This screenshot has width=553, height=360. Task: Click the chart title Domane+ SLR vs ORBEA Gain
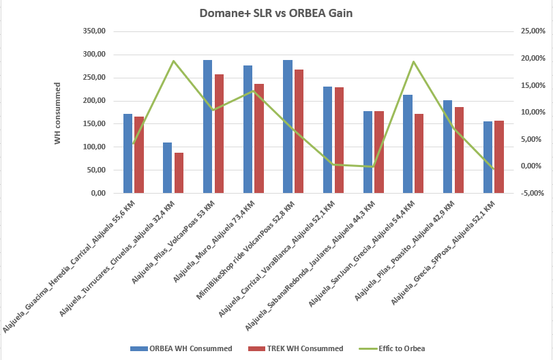pyautogui.click(x=277, y=14)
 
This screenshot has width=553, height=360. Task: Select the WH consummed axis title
pyautogui.click(x=58, y=112)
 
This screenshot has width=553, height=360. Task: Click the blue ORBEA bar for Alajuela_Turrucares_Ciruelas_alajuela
pyautogui.click(x=167, y=168)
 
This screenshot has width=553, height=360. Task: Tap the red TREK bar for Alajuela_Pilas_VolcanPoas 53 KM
pyautogui.click(x=219, y=134)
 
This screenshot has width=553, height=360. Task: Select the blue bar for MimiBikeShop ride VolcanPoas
pyautogui.click(x=288, y=127)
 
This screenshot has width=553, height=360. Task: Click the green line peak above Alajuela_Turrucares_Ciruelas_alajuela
pyautogui.click(x=173, y=61)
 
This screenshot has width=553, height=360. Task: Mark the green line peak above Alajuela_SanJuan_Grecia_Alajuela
pyautogui.click(x=413, y=61)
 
